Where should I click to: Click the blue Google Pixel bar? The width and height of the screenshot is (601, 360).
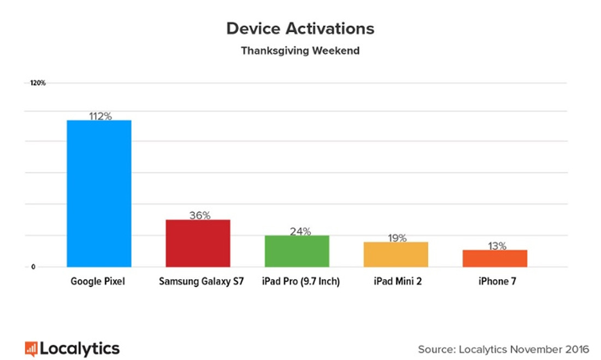point(99,193)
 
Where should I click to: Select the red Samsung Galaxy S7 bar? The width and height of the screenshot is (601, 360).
point(198,243)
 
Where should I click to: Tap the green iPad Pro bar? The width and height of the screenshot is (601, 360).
point(297,251)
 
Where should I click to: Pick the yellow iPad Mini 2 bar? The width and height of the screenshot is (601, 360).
point(396,255)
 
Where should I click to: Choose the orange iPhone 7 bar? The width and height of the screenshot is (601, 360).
point(495,258)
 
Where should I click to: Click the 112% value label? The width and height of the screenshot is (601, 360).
point(100,116)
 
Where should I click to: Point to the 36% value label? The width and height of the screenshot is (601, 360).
point(199,215)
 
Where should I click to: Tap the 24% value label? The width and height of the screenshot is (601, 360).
point(300,232)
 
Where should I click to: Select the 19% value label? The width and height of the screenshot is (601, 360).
point(397,238)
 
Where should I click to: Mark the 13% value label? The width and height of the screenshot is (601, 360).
point(497,246)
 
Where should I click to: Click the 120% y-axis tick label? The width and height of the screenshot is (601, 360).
point(38,83)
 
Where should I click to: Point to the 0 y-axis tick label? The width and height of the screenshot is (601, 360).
point(33,267)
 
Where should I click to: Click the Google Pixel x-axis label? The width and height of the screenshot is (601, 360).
point(98,282)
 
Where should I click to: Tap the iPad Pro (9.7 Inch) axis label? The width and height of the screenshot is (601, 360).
point(300,282)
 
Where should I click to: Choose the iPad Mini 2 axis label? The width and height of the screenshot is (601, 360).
point(397,282)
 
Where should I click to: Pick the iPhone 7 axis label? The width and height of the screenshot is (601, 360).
point(497,282)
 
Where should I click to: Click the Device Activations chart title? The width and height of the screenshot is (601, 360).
point(300,28)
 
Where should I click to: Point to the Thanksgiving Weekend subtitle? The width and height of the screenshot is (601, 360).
point(300,51)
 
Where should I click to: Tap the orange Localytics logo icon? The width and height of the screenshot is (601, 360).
point(31,349)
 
